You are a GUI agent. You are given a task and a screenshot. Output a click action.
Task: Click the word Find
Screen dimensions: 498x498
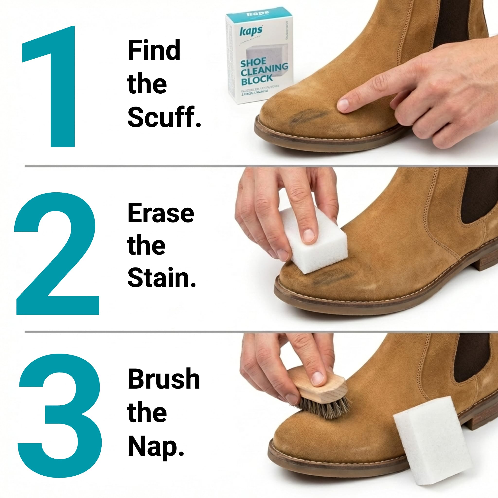click(154, 50)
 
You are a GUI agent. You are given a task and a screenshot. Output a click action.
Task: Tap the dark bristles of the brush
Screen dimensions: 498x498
click(325, 409)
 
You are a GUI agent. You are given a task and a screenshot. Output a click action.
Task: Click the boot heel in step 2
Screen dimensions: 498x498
click(487, 260)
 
